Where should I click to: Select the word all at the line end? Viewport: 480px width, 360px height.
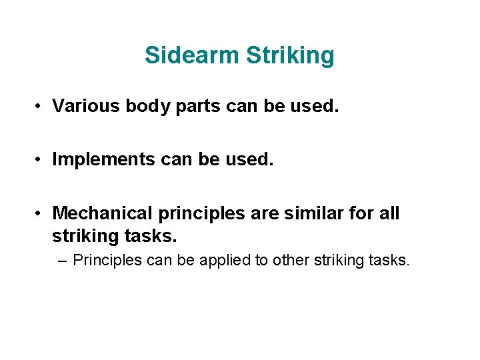(x=389, y=213)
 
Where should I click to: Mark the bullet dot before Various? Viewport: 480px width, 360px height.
(x=41, y=107)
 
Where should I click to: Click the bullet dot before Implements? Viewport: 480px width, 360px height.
(x=41, y=160)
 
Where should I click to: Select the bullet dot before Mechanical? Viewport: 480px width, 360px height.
(x=41, y=213)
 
